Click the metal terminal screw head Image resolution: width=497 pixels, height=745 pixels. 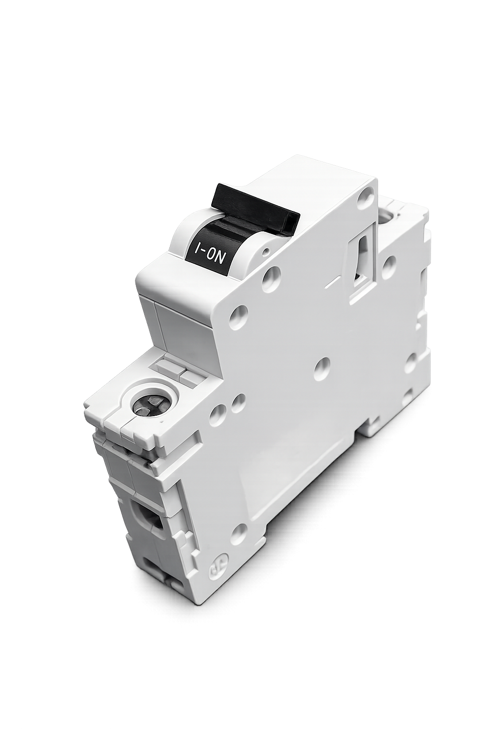(x=150, y=405)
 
